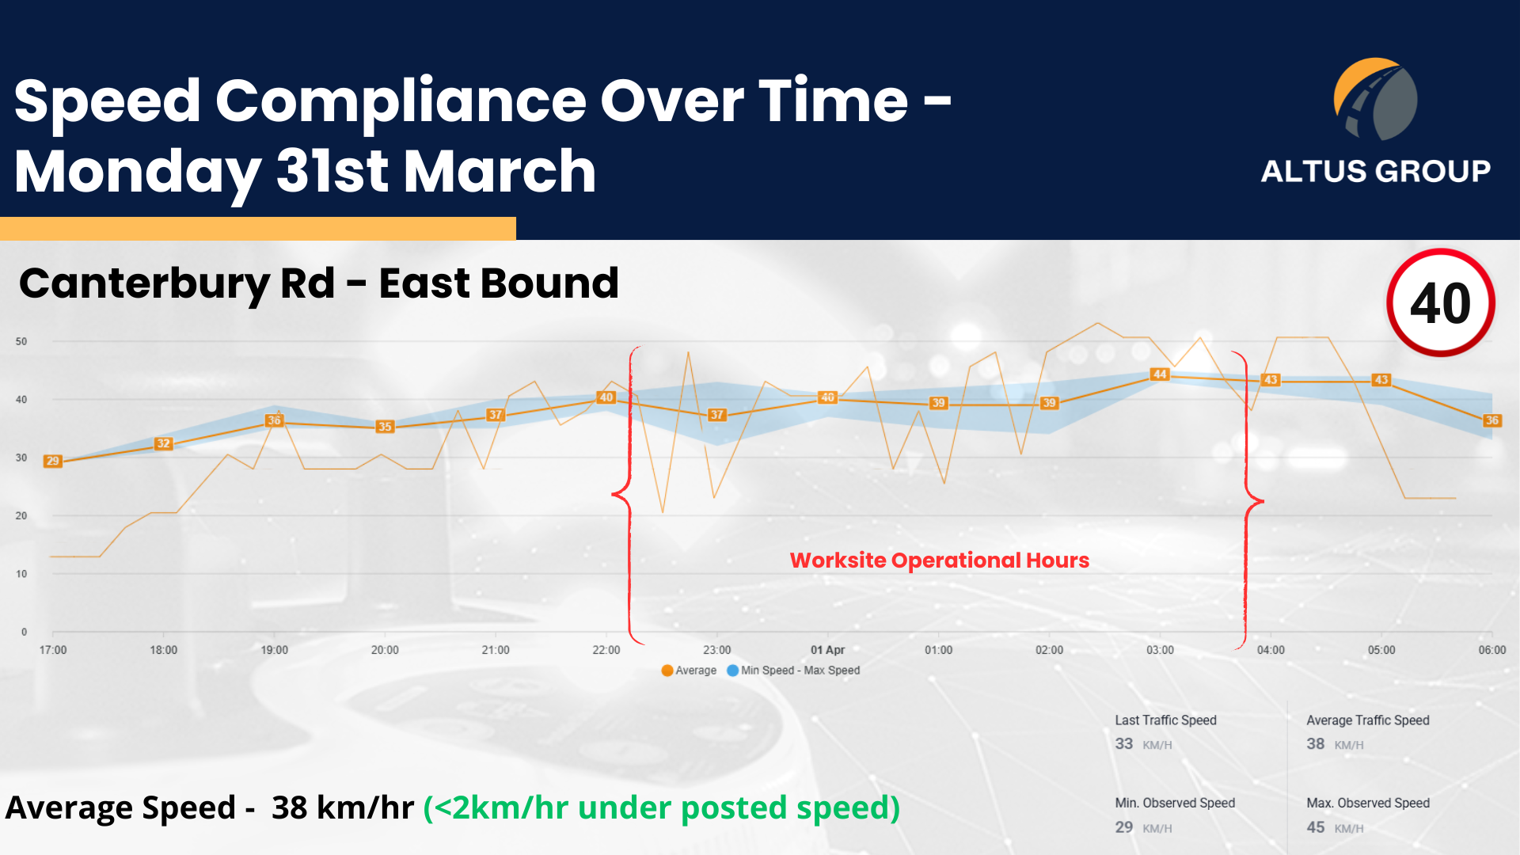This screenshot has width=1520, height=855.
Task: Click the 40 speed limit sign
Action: tap(1441, 302)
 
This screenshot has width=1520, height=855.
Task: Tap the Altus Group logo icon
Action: tap(1376, 99)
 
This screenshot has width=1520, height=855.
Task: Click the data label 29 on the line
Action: tap(53, 461)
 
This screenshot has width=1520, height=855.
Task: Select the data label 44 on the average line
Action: tap(1160, 374)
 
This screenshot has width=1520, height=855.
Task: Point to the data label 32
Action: tap(164, 443)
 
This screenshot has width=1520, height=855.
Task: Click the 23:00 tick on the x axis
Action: tap(717, 650)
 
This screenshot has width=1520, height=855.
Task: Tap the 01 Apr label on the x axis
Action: tap(827, 650)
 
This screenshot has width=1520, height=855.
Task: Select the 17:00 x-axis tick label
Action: tap(53, 650)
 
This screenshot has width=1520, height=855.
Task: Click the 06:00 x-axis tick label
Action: tap(1492, 650)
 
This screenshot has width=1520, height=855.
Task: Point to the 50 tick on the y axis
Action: tap(21, 341)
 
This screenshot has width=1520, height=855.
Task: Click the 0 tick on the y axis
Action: tap(24, 632)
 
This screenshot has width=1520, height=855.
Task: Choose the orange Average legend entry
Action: tap(689, 671)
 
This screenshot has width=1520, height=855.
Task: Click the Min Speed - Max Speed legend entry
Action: tap(793, 671)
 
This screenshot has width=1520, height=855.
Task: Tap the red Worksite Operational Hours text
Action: tap(940, 560)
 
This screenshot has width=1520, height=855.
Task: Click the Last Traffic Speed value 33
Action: tap(1124, 743)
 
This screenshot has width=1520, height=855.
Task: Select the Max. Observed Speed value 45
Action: tap(1316, 826)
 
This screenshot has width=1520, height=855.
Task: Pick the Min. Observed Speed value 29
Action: tap(1124, 826)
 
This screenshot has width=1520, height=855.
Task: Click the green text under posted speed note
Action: tap(662, 808)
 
